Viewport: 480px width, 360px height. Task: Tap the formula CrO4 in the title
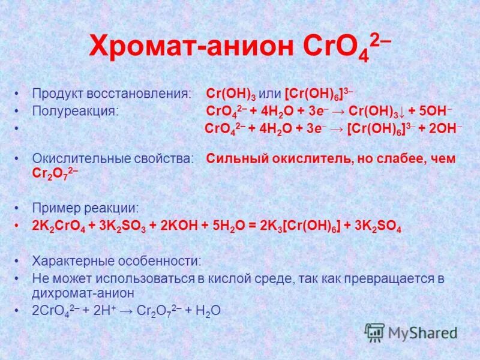pos(336,47)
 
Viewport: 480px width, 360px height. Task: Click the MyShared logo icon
pos(375,332)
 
